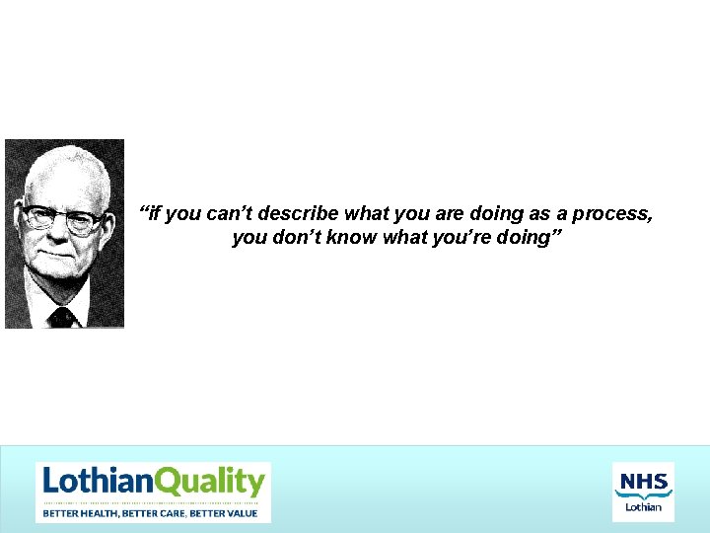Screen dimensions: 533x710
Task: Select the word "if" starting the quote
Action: click(151, 214)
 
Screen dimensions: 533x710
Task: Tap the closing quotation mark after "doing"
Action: click(557, 235)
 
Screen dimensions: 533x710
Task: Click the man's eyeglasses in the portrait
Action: click(61, 218)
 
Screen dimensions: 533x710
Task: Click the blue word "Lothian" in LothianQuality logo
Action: click(98, 482)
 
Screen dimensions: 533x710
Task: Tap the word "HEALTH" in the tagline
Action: click(101, 513)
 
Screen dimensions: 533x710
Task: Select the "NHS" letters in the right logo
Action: click(643, 482)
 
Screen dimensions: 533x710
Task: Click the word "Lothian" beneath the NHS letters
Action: click(643, 507)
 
